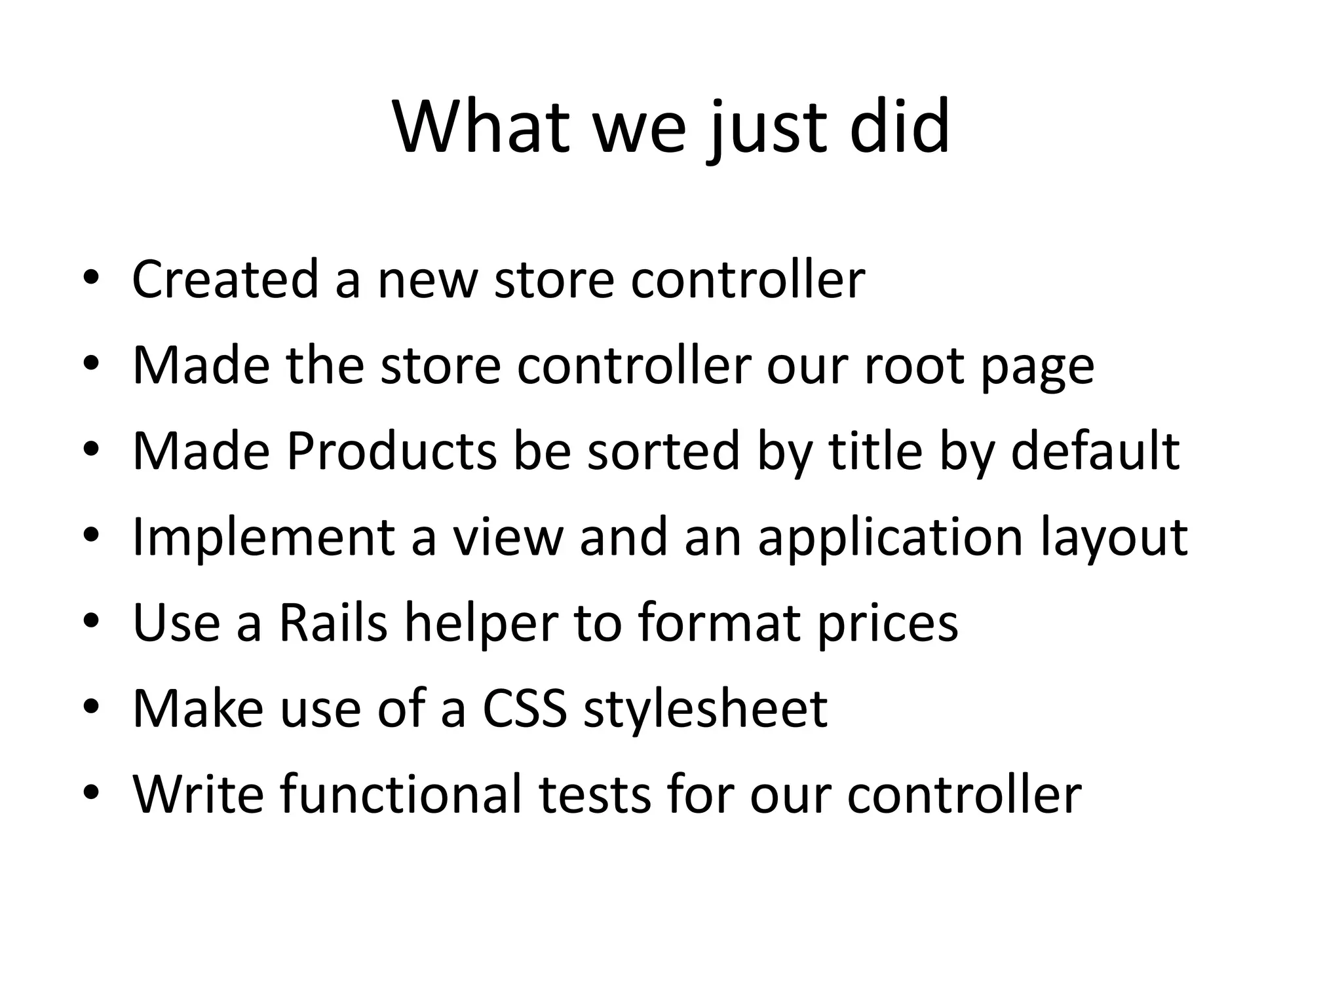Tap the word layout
[1113, 538]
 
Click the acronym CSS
[524, 709]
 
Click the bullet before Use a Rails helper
[90, 621]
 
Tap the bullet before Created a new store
[90, 278]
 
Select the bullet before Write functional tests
[90, 792]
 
